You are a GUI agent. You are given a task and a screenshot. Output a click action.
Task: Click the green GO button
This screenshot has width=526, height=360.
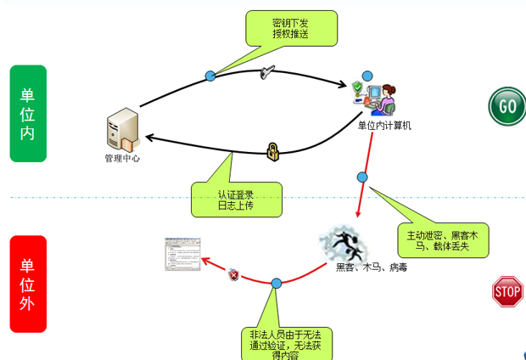point(506,106)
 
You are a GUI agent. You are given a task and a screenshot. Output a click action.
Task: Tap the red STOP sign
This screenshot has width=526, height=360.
point(507,292)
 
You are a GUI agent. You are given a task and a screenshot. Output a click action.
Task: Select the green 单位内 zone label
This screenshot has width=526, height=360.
point(27,113)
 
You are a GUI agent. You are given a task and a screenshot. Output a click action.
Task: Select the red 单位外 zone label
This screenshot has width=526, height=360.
point(27,284)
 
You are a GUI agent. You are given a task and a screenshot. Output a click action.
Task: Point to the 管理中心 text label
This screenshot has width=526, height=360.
point(122,159)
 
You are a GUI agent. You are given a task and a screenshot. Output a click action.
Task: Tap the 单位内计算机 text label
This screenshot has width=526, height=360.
point(384,126)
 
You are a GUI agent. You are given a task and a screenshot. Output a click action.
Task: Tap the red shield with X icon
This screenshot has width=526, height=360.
point(233,274)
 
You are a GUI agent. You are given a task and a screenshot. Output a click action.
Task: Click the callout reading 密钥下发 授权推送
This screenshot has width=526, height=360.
point(290,29)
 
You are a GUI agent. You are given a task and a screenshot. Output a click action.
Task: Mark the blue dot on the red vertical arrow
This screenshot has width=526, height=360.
point(362,177)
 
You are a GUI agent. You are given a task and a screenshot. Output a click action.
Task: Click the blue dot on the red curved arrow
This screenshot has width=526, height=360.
point(276,283)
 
